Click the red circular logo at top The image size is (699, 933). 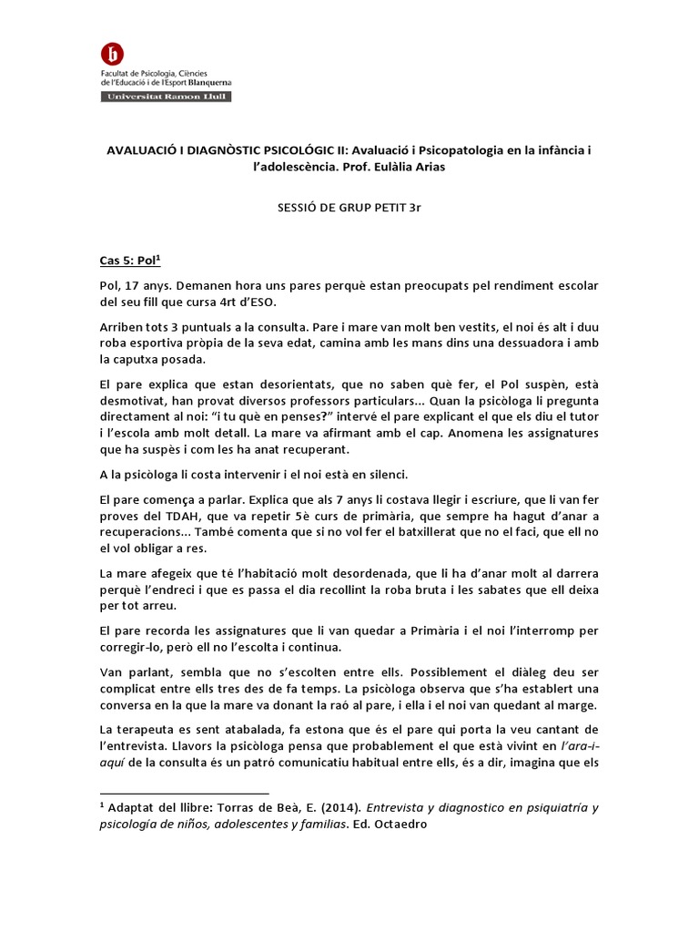coord(114,55)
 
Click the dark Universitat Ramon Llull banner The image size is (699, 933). coord(166,96)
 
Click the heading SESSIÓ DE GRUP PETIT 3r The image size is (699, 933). coord(349,208)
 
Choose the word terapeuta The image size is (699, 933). coord(148,729)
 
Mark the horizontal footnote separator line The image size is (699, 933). coord(185,794)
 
